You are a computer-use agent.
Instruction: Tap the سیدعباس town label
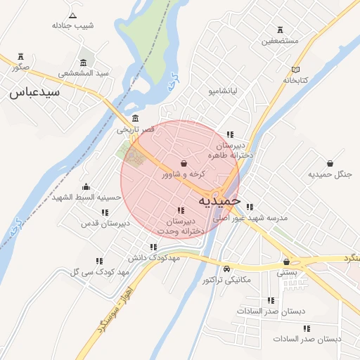34,92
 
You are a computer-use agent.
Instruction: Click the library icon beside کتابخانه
296,69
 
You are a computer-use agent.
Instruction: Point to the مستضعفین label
280,41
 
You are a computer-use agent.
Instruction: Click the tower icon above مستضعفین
281,30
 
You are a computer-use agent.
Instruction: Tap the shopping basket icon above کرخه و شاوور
184,163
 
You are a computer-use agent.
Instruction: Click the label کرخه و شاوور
184,174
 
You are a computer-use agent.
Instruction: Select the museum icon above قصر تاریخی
135,118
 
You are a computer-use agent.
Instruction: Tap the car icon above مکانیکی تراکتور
226,269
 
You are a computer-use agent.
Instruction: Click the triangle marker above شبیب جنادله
72,14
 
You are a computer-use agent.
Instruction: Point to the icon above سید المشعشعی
84,62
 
